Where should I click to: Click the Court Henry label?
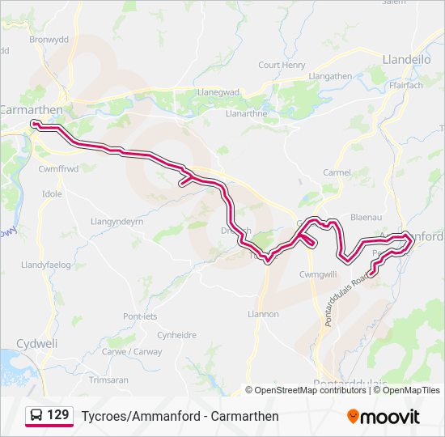tap(282, 65)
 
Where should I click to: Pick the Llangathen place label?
tap(332, 75)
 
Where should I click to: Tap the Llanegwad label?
tap(218, 92)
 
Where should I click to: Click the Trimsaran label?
tap(108, 380)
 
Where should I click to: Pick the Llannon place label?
tap(263, 314)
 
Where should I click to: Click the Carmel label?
tap(337, 172)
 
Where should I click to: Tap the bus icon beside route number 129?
tap(36, 416)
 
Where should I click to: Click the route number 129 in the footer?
tap(58, 416)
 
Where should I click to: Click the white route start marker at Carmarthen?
tap(35, 124)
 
